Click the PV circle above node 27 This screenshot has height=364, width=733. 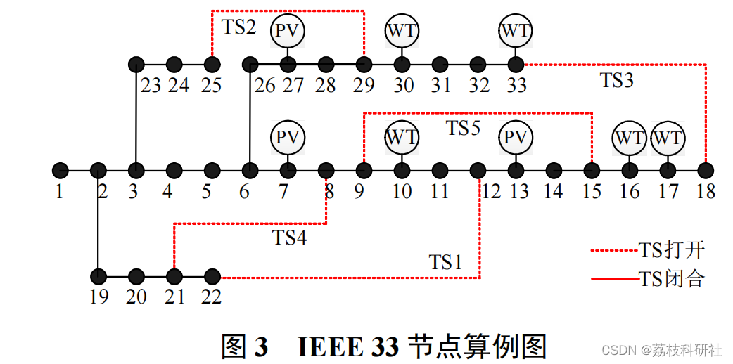288,30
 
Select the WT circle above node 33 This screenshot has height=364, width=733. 516,30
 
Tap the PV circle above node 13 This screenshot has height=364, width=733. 516,137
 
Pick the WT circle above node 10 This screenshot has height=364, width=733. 402,137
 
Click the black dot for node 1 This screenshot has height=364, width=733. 60,170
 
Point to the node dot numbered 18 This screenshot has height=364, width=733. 706,170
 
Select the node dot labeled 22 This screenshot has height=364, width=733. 212,277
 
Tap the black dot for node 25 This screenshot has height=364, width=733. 212,65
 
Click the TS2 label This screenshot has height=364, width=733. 240,27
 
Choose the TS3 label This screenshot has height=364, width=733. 617,80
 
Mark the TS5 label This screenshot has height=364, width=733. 464,128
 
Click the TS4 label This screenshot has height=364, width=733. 289,238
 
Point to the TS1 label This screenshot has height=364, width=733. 446,262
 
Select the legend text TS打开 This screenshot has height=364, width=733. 671,249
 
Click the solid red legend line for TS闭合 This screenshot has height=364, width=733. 613,280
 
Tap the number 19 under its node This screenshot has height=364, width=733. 99,297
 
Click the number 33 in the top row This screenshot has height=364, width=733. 516,86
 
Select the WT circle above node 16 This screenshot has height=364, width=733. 630,137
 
